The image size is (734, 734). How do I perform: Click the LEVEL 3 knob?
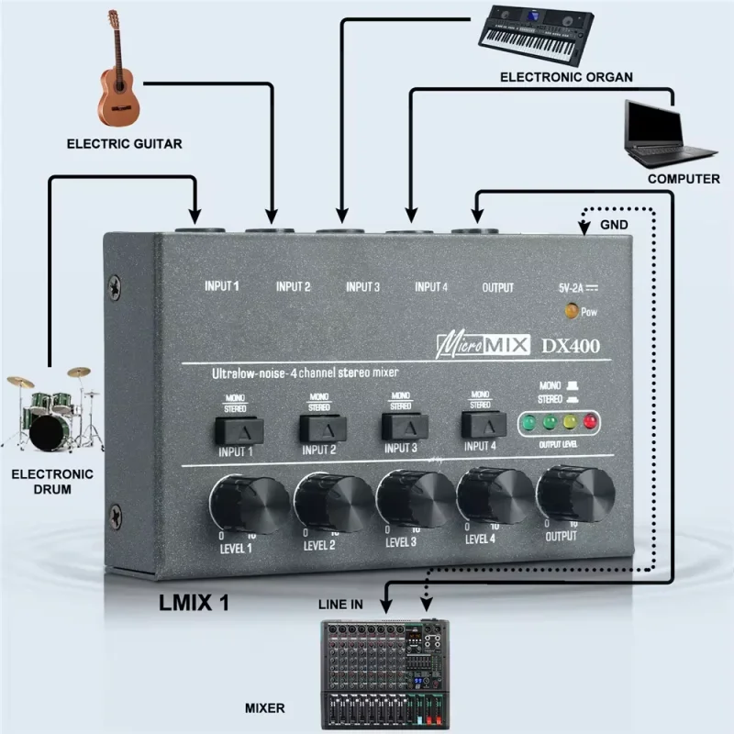(414, 496)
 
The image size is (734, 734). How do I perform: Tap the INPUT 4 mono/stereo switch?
(484, 425)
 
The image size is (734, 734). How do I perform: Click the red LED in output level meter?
(589, 424)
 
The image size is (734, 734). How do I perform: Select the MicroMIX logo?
(483, 347)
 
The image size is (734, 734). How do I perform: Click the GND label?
(615, 224)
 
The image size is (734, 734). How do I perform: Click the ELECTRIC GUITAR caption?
(124, 144)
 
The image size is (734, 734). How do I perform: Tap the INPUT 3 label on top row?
(362, 286)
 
